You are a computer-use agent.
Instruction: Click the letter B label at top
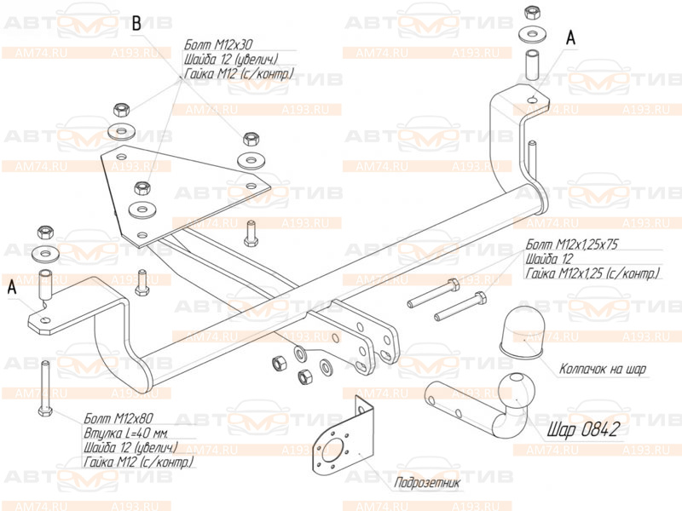pyautogui.click(x=136, y=23)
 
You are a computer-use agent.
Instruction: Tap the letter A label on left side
pyautogui.click(x=12, y=288)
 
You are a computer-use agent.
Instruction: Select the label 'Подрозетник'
pyautogui.click(x=427, y=483)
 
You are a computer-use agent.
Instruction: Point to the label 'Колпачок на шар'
pyautogui.click(x=603, y=369)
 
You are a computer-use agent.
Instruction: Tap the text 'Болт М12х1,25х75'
pyautogui.click(x=572, y=244)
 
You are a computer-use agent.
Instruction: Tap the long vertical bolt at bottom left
pyautogui.click(x=44, y=387)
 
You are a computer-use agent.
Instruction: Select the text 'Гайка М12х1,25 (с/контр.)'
pyautogui.click(x=592, y=273)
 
